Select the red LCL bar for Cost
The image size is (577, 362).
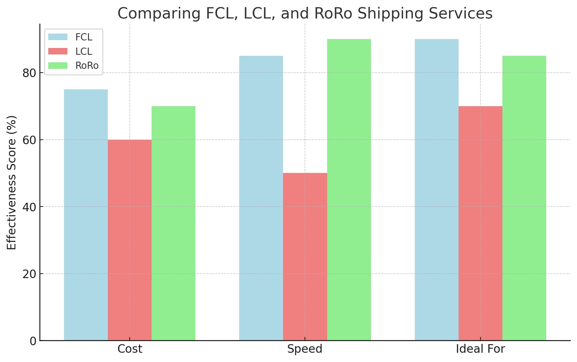[x=130, y=240]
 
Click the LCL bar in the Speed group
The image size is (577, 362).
[x=305, y=257]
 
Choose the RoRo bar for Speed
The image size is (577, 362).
[x=349, y=190]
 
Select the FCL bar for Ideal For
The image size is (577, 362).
[x=436, y=190]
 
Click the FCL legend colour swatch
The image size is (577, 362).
[x=58, y=37]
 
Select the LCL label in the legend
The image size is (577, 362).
[x=84, y=51]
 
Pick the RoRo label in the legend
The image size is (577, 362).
[x=87, y=65]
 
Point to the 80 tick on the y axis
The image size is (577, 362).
[x=29, y=73]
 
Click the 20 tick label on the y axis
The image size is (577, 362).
[x=29, y=274]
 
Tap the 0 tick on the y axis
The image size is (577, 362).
[x=33, y=341]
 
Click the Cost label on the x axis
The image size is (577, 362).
[x=130, y=349]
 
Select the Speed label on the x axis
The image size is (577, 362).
[x=305, y=349]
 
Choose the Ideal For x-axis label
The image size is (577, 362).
[x=480, y=349]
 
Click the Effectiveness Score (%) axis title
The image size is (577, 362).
[x=12, y=183]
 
